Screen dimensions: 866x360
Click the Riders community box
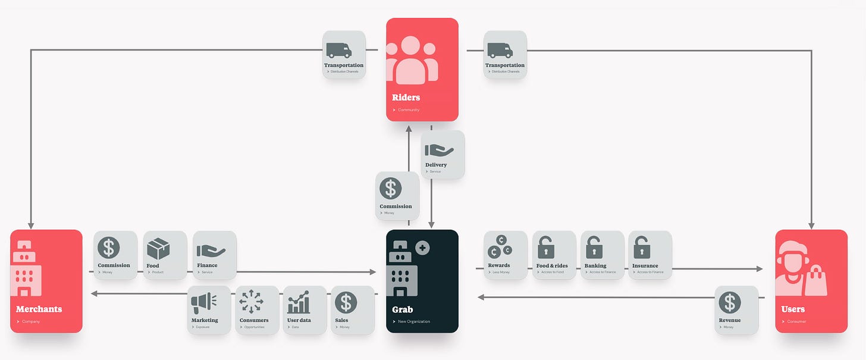pyautogui.click(x=422, y=70)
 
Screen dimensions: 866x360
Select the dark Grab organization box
pyautogui.click(x=422, y=281)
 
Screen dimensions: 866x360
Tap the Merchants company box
pyautogui.click(x=46, y=281)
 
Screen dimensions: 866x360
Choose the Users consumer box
pyautogui.click(x=811, y=281)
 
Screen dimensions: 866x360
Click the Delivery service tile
pyautogui.click(x=443, y=155)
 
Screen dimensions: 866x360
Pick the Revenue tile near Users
pyautogui.click(x=736, y=309)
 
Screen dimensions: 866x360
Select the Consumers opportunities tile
pyautogui.click(x=257, y=309)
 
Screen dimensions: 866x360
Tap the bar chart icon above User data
pyautogui.click(x=299, y=302)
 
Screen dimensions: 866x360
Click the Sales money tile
pyautogui.click(x=352, y=309)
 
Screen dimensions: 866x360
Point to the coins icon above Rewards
pyautogui.click(x=499, y=247)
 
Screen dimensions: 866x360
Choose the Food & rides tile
pyautogui.click(x=554, y=255)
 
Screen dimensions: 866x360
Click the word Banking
pyautogui.click(x=595, y=266)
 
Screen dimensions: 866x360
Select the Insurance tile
pyautogui.click(x=650, y=255)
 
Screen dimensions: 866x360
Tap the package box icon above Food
pyautogui.click(x=159, y=248)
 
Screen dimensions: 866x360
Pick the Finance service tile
pyautogui.click(x=215, y=255)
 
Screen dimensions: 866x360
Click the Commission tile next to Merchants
pyautogui.click(x=115, y=255)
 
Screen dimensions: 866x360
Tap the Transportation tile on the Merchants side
pyautogui.click(x=344, y=55)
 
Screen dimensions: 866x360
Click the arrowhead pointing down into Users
pyautogui.click(x=811, y=226)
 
